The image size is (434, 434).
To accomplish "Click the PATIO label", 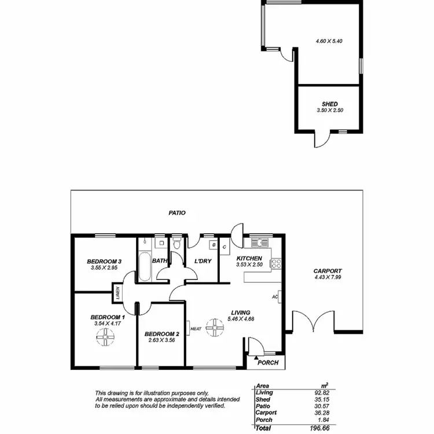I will (x=177, y=213).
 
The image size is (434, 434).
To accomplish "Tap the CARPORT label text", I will (x=328, y=271).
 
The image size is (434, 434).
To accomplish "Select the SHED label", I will (x=330, y=104).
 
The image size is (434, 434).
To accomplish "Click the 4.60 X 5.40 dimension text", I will (x=329, y=42).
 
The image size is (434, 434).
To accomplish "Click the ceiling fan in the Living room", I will (x=215, y=328).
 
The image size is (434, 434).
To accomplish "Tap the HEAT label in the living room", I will (x=196, y=329).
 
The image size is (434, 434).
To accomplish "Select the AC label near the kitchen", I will (x=275, y=297).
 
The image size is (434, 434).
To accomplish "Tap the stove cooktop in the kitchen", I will (x=276, y=264).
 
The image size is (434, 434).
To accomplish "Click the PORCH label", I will (x=269, y=363).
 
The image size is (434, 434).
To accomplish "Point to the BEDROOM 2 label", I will (x=161, y=334).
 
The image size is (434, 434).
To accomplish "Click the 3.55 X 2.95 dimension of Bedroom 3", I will (x=104, y=268).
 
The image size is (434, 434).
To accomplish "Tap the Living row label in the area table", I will (x=264, y=392).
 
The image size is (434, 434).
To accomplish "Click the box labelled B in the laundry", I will (x=214, y=245).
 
